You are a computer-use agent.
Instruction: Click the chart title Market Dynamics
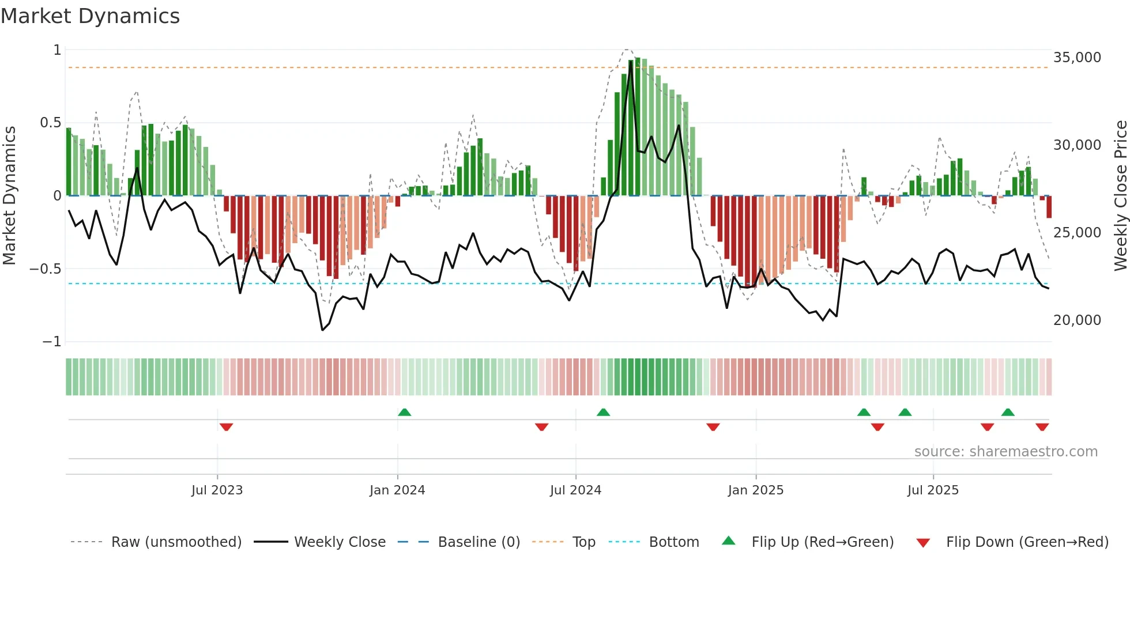91,16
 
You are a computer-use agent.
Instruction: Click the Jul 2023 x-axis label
217,490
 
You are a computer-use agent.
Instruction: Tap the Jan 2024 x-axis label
397,490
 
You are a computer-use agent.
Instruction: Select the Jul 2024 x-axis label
575,490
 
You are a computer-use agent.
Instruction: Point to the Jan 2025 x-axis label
756,490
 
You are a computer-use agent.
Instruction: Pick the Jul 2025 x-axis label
933,490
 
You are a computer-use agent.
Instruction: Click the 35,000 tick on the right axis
1077,58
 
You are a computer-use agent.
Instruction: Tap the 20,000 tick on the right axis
1077,320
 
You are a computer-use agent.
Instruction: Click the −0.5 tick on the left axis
46,269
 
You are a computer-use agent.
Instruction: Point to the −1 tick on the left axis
52,342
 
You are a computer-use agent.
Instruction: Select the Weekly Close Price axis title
1120,196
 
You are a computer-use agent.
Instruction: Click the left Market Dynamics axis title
9,196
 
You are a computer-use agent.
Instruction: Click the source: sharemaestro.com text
1005,452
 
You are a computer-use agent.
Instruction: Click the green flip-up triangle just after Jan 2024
405,413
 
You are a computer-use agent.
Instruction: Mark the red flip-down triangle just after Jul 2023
226,427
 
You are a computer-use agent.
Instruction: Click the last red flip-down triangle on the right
1042,427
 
